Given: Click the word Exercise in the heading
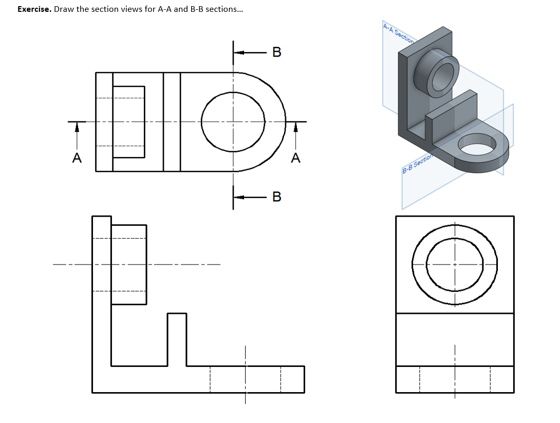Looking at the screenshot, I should point(34,9).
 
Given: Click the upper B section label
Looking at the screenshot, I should point(277,52).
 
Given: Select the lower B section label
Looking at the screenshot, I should point(277,197).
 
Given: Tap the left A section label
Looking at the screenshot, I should point(77,158).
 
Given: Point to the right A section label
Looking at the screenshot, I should point(295,158).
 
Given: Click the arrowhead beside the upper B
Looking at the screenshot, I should point(241,52).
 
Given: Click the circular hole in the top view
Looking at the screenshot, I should point(233,122).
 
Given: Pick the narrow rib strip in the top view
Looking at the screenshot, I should point(172,122).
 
